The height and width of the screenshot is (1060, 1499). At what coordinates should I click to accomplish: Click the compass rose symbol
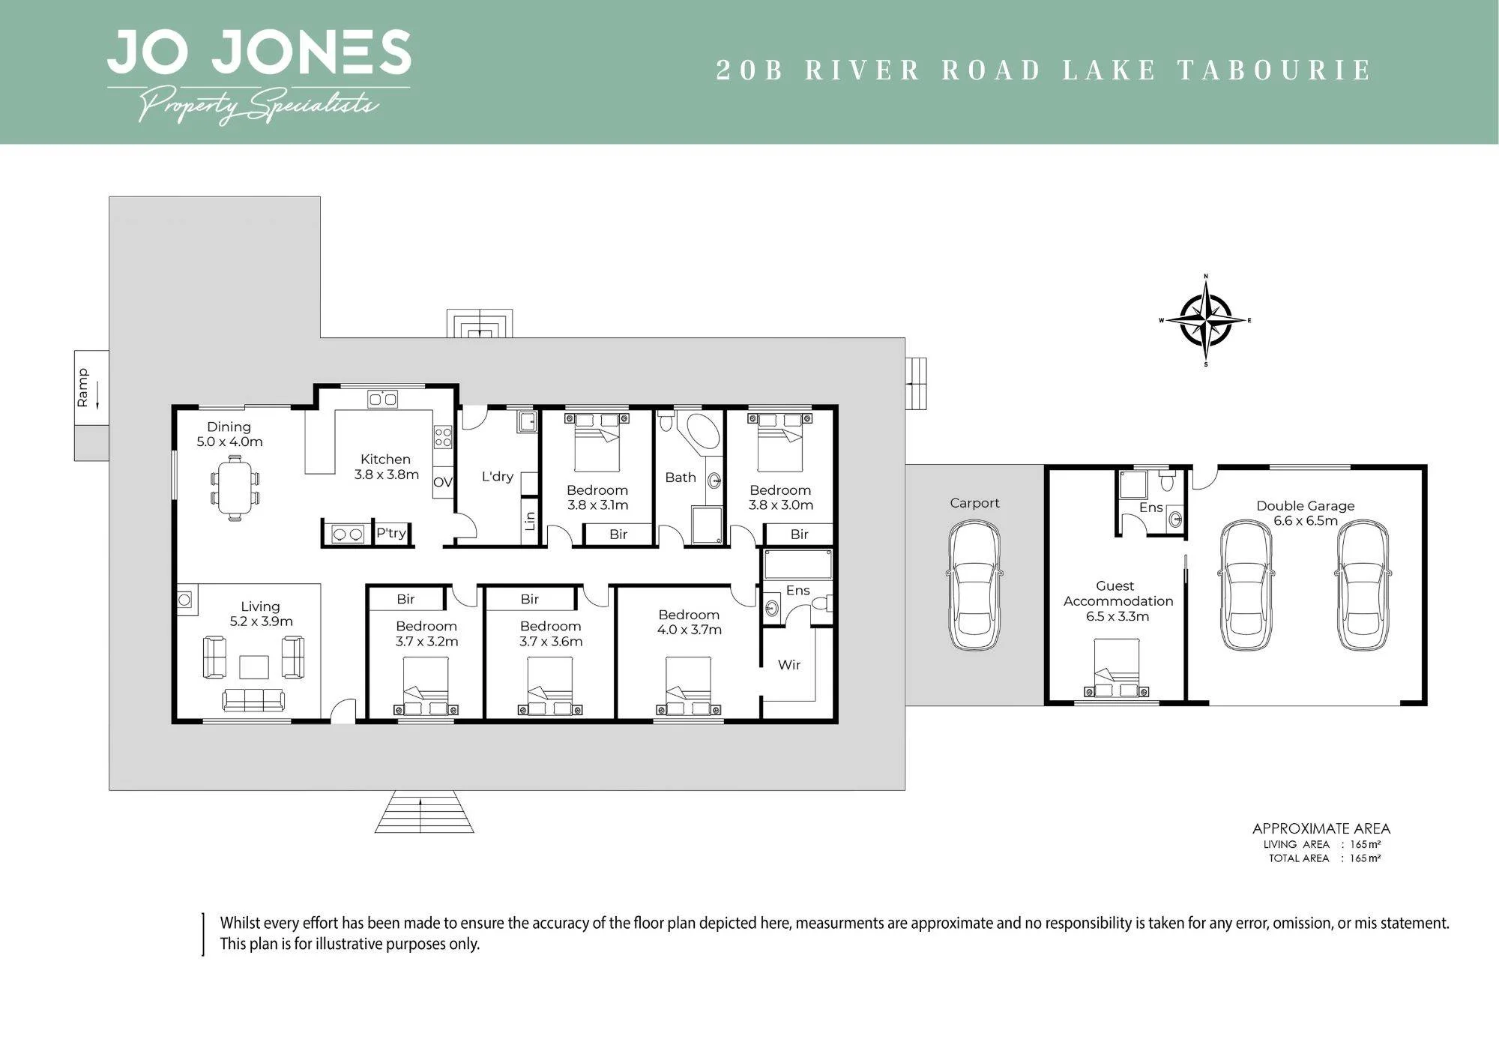[x=1206, y=321]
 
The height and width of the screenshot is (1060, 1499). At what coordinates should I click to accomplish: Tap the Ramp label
[x=82, y=388]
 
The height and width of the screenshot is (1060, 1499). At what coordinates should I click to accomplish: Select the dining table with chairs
[x=235, y=487]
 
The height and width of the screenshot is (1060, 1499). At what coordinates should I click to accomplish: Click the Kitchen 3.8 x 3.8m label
[x=386, y=466]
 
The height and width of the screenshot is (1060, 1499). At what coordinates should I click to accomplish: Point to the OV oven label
[x=443, y=482]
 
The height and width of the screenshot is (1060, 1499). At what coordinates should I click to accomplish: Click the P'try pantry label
[x=390, y=533]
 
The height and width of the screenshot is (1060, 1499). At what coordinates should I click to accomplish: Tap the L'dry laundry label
[x=498, y=476]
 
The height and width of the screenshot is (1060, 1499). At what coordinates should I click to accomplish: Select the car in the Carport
[x=974, y=585]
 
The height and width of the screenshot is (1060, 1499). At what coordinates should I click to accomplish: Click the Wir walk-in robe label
[x=789, y=664]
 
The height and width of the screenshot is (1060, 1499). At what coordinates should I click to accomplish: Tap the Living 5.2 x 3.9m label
[x=261, y=613]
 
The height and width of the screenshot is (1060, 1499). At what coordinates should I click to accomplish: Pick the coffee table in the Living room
[x=254, y=666]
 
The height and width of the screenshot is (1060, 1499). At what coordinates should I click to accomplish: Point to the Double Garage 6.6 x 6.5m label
[x=1305, y=513]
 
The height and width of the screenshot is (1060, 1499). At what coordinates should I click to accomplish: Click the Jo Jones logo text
[x=259, y=52]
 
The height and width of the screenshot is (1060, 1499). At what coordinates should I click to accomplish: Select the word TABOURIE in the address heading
[x=1275, y=70]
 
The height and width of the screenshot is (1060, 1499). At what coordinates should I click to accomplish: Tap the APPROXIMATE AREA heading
[x=1321, y=828]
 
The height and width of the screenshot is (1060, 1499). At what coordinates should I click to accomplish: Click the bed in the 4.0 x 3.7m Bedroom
[x=688, y=687]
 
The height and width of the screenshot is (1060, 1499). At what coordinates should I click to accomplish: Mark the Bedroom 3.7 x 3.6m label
[x=551, y=633]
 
